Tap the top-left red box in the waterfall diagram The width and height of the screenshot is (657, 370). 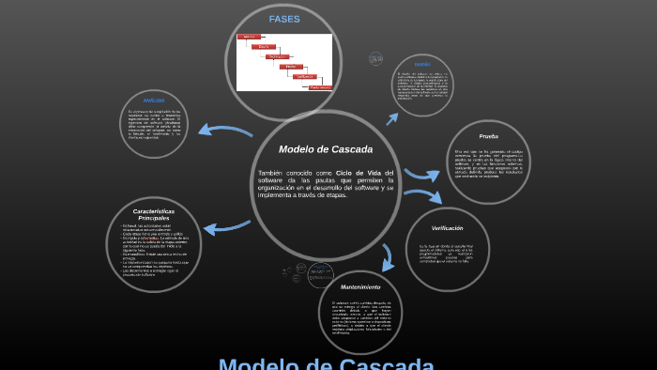pyautogui.click(x=249, y=37)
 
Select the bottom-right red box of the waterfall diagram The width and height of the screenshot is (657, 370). pyautogui.click(x=321, y=86)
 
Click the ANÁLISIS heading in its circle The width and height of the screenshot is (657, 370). pyautogui.click(x=154, y=100)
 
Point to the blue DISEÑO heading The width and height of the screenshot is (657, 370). pyautogui.click(x=422, y=64)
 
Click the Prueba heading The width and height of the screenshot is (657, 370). pyautogui.click(x=488, y=136)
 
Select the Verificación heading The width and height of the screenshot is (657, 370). pyautogui.click(x=447, y=228)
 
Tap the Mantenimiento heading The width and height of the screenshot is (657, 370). pyautogui.click(x=360, y=286)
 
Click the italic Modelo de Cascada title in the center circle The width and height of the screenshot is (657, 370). pyautogui.click(x=326, y=149)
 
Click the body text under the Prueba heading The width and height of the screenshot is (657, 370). pyautogui.click(x=488, y=164)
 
